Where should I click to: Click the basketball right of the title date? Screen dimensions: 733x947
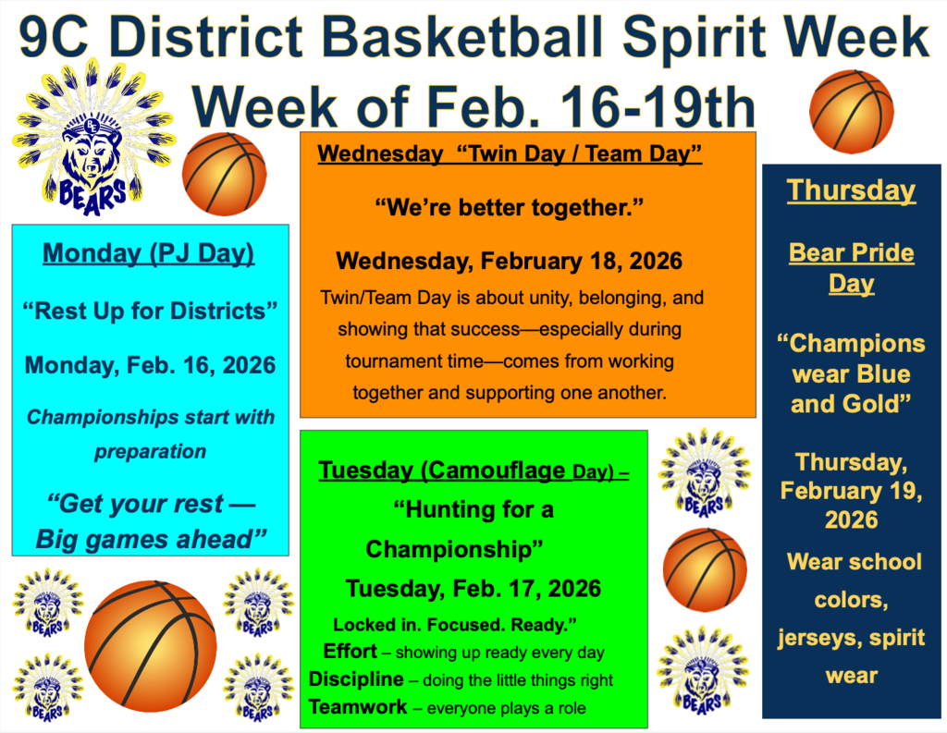pyautogui.click(x=852, y=110)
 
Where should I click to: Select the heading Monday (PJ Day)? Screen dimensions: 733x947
pyautogui.click(x=149, y=252)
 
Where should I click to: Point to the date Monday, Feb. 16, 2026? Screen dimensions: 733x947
pyautogui.click(x=150, y=364)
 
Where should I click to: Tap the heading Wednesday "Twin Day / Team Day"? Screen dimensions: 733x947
pyautogui.click(x=510, y=153)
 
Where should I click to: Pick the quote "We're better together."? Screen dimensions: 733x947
pyautogui.click(x=509, y=207)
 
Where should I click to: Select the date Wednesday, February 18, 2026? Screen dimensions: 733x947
pyautogui.click(x=509, y=261)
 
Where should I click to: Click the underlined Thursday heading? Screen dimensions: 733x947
pyautogui.click(x=851, y=190)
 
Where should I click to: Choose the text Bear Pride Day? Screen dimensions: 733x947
pyautogui.click(x=851, y=267)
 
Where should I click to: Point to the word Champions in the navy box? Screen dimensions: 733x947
pyautogui.click(x=852, y=344)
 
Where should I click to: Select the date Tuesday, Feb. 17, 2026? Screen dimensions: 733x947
pyautogui.click(x=473, y=588)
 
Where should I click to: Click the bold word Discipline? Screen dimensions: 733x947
pyautogui.click(x=356, y=679)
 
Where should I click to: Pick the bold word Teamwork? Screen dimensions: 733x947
pyautogui.click(x=357, y=707)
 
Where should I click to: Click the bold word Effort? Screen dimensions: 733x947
pyautogui.click(x=351, y=651)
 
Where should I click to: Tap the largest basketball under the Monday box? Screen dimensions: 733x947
pyautogui.click(x=150, y=646)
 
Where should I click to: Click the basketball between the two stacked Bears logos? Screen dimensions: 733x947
pyautogui.click(x=705, y=569)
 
